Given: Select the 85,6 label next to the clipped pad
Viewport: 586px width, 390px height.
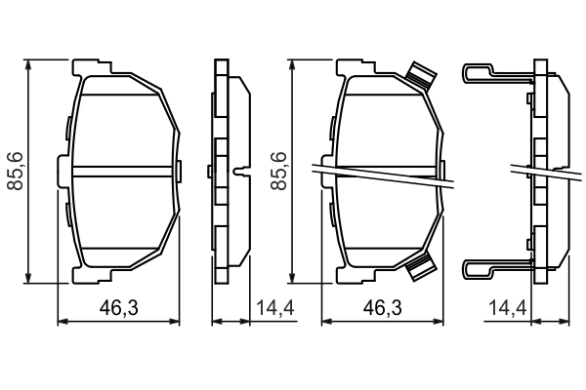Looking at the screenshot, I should click(280, 171).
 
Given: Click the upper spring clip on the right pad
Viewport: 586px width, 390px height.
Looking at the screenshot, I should click(421, 76).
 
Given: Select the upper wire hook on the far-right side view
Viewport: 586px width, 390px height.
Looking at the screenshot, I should click(488, 71).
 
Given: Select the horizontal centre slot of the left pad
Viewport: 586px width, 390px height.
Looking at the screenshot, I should click(121, 171).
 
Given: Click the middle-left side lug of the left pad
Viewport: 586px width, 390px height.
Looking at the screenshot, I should click(63, 171).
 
